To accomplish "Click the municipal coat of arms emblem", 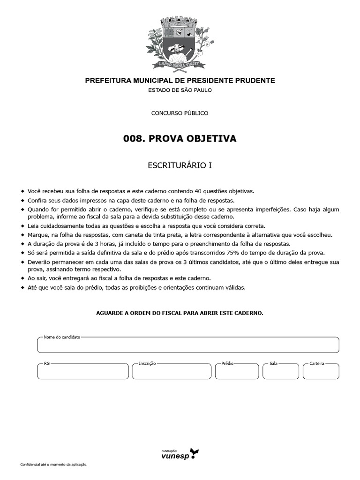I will (x=180, y=39).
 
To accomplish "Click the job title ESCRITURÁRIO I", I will (x=180, y=165).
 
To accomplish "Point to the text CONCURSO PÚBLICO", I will (x=180, y=113).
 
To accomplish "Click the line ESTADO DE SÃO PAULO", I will (x=180, y=90).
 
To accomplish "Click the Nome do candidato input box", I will (x=188, y=345).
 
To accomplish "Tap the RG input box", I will (x=82, y=371).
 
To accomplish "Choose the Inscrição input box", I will (x=171, y=371).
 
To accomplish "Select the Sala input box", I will (x=280, y=371).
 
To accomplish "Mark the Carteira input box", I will (x=321, y=371).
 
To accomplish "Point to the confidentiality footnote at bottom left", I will (x=54, y=465).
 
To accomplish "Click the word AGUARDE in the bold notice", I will (x=110, y=313).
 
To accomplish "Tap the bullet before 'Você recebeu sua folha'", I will (x=22, y=191).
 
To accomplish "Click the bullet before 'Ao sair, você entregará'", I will (x=22, y=278).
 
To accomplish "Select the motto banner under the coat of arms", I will (x=180, y=63).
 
